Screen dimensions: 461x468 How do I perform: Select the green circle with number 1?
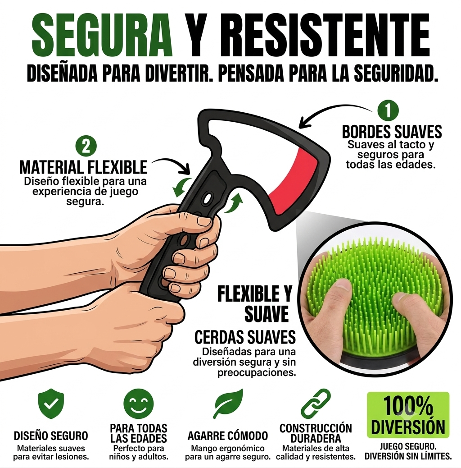point(388,111)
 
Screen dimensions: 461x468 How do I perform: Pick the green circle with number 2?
point(86,146)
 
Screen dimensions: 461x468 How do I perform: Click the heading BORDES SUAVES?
point(392,132)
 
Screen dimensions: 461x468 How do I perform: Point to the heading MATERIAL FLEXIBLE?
point(83,167)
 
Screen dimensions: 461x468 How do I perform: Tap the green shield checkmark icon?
point(51,404)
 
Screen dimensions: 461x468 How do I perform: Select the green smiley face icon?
point(139,404)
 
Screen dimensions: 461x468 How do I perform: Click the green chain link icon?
point(316,404)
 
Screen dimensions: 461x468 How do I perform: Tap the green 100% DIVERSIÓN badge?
point(408,415)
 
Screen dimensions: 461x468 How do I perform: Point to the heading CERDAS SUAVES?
point(245,337)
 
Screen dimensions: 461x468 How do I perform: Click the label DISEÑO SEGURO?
point(51,436)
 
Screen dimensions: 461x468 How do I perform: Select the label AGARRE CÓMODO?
point(228,436)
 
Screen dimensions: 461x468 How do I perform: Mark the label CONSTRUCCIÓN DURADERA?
point(316,433)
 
